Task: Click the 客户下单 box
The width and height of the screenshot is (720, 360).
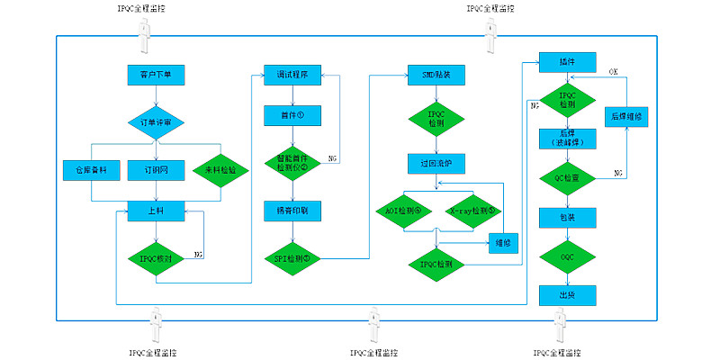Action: click(156, 76)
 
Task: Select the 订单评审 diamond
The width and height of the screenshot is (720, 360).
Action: click(156, 122)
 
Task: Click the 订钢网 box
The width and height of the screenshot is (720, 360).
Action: click(156, 168)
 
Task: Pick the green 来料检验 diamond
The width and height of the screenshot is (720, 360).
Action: click(220, 168)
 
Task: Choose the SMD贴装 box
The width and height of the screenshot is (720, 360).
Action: click(436, 76)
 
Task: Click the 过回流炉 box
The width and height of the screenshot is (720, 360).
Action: click(436, 164)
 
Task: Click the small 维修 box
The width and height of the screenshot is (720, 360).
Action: click(502, 241)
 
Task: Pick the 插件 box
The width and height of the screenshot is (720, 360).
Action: click(567, 63)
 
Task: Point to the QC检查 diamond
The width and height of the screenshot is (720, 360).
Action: click(567, 178)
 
